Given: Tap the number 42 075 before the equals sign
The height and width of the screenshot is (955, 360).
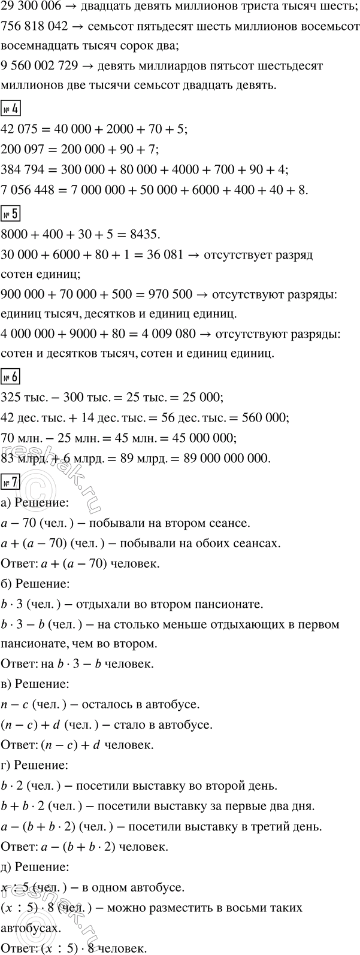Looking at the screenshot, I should click(x=20, y=130).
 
